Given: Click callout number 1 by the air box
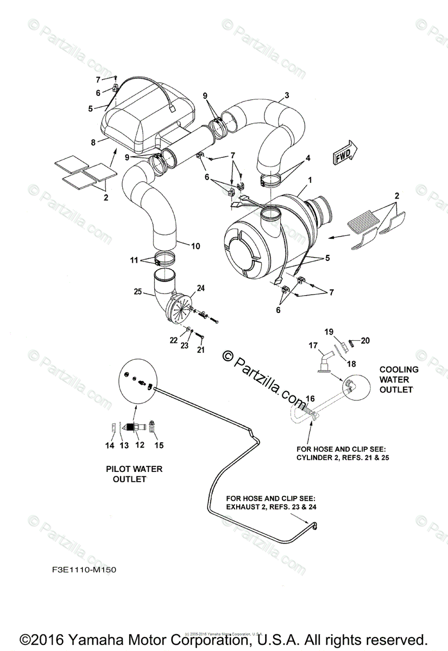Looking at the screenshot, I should click(x=310, y=179).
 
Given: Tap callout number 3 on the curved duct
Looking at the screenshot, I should click(x=286, y=97).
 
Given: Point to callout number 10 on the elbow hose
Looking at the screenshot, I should click(x=195, y=246).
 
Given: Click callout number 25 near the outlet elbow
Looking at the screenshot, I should click(x=138, y=292).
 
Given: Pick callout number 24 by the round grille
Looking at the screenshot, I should click(x=200, y=288).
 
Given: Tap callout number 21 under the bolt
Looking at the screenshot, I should click(x=201, y=350).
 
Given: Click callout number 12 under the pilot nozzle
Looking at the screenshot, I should click(x=140, y=445).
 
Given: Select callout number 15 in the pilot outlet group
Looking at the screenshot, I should click(x=159, y=445).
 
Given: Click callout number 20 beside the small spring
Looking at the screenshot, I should click(x=365, y=341).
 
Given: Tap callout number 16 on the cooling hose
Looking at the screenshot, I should click(x=310, y=399).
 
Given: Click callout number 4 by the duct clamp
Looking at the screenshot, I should click(x=307, y=158).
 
